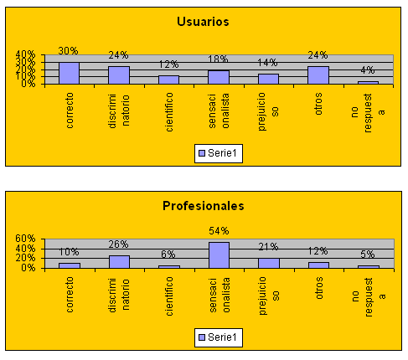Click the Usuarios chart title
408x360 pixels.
coord(203,22)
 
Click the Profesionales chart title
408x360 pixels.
coord(204,206)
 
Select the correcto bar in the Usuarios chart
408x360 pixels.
coord(69,73)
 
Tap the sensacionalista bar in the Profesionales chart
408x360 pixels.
coord(219,255)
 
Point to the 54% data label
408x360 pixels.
coord(219,231)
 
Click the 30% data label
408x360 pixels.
coord(69,51)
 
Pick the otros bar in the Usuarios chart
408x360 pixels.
coord(318,75)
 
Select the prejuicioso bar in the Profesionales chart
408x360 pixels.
coord(269,263)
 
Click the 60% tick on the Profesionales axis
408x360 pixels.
coord(25,239)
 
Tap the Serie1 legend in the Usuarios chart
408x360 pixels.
coord(219,153)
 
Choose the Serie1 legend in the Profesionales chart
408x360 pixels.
coord(219,337)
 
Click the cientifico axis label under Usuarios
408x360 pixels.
coord(169,112)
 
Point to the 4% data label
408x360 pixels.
coord(368,70)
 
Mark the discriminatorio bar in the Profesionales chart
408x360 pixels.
coord(119,262)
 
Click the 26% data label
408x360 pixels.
coord(119,244)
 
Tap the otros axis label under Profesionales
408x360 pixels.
coord(319,288)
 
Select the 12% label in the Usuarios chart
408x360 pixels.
coord(168,64)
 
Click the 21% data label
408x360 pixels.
coord(268,247)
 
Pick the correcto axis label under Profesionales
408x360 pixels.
coord(70,295)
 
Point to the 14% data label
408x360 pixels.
coord(267,63)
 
